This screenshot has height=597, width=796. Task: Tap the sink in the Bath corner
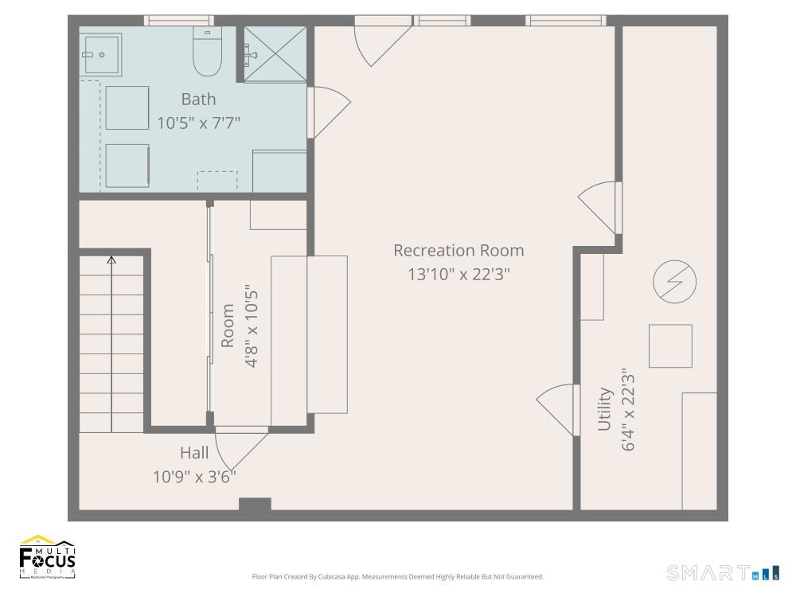(100, 54)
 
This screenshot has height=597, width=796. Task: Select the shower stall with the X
(275, 54)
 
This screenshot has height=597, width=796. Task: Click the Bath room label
(198, 99)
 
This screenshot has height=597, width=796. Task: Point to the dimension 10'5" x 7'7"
(198, 123)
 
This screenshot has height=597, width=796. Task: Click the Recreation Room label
(458, 251)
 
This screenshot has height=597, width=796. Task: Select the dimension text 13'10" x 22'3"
(458, 274)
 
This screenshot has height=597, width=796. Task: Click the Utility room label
(605, 409)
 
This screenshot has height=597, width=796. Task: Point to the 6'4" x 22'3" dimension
(629, 409)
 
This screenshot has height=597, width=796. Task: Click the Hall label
(194, 453)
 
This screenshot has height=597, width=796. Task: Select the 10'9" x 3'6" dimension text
(194, 477)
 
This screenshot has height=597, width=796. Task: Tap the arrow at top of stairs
(111, 259)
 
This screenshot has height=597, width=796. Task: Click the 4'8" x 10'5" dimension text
(252, 326)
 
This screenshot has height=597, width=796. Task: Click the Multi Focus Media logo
(48, 557)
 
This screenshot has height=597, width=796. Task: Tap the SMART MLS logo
(723, 572)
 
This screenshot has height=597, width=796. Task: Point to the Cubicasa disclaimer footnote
(397, 576)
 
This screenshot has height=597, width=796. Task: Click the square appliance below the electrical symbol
(670, 345)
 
